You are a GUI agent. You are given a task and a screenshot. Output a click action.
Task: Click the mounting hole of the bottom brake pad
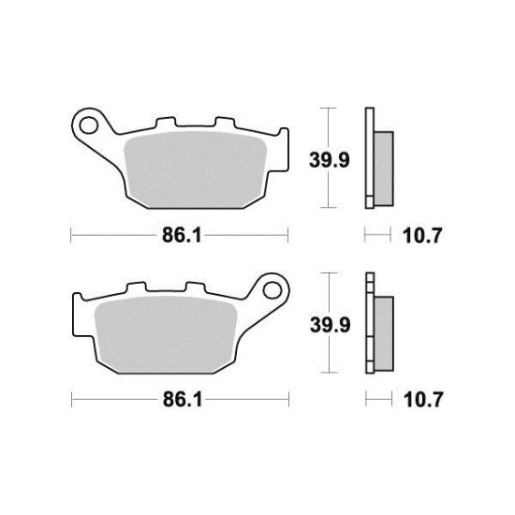272,285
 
